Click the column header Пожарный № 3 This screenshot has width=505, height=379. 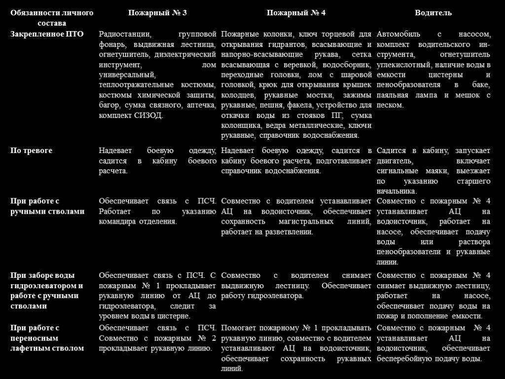coord(157,13)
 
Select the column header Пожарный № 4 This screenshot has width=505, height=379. coord(296,13)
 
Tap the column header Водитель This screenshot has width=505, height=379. coord(433,13)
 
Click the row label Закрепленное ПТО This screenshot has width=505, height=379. coord(47,34)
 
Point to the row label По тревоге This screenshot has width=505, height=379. coord(32,151)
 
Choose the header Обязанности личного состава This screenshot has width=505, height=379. coord(52,18)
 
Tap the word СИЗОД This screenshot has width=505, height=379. coord(148,115)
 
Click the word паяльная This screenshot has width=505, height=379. coord(393,95)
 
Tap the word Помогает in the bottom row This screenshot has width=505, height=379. coord(238,328)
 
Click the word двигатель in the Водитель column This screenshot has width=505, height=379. coord(395,161)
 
